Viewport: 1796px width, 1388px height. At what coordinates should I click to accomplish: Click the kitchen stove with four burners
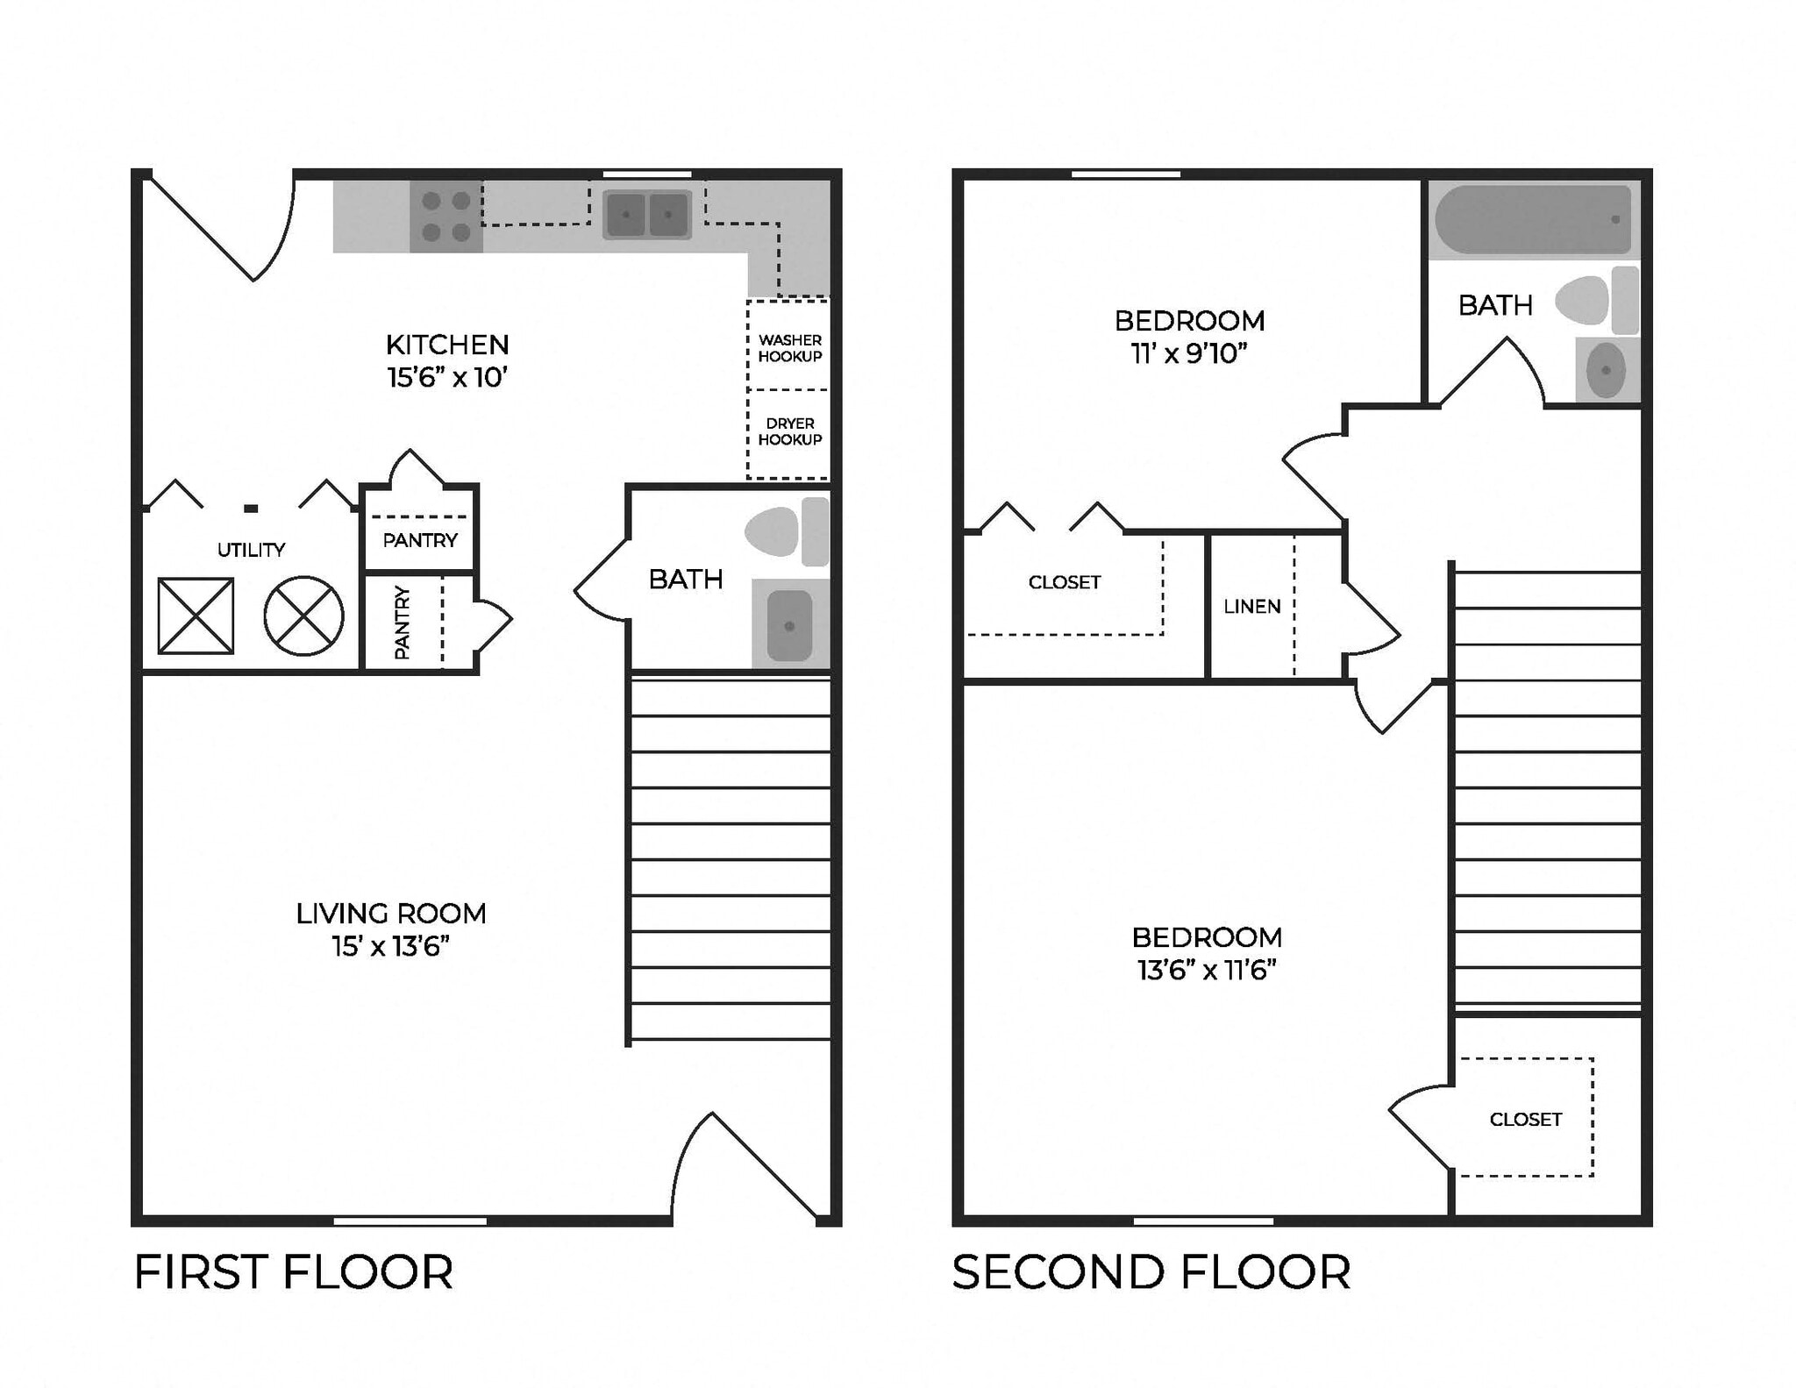445,216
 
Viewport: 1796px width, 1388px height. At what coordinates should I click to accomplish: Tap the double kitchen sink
647,215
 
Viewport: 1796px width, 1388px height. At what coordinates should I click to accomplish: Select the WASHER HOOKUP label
789,348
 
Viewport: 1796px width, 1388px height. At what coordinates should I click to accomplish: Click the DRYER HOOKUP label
789,431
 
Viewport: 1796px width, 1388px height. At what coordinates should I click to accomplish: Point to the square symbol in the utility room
196,616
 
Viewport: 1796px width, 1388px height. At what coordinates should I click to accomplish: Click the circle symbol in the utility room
303,616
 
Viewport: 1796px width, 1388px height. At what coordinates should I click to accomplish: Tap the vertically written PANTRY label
402,623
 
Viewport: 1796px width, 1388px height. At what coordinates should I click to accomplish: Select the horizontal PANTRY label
420,540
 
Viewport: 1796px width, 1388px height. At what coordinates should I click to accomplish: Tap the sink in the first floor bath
789,625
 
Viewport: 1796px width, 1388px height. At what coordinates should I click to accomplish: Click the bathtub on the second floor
1533,219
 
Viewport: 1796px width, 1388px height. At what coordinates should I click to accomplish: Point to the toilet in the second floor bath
1592,301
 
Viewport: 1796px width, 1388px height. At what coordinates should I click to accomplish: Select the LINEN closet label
1251,607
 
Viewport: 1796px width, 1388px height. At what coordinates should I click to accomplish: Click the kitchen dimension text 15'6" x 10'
447,378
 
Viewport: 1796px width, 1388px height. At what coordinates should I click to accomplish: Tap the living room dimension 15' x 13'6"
390,947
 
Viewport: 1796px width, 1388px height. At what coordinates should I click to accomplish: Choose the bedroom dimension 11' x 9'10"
1189,353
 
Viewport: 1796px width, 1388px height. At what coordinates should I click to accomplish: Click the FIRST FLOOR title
293,1272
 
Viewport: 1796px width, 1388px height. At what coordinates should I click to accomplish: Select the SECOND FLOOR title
1151,1272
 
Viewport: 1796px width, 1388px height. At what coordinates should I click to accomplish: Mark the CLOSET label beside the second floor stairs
1525,1120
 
